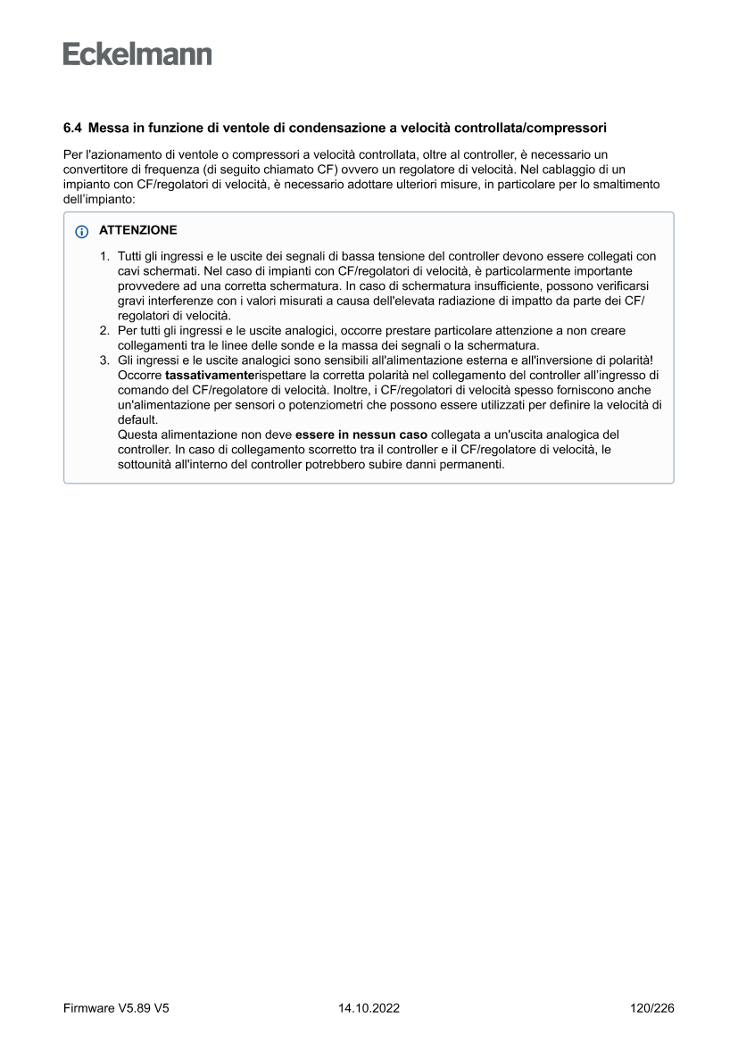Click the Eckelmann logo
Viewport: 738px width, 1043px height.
137,54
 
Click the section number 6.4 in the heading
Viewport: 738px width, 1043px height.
72,128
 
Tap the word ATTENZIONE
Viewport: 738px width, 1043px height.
137,230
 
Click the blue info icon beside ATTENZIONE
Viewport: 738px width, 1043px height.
82,231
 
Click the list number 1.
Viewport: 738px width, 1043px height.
104,256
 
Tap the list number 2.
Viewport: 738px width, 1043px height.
104,331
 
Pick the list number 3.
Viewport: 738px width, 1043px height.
104,360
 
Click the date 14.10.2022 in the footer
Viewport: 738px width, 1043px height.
369,1008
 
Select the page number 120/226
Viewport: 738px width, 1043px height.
652,1008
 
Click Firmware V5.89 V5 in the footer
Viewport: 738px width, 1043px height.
116,1008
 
